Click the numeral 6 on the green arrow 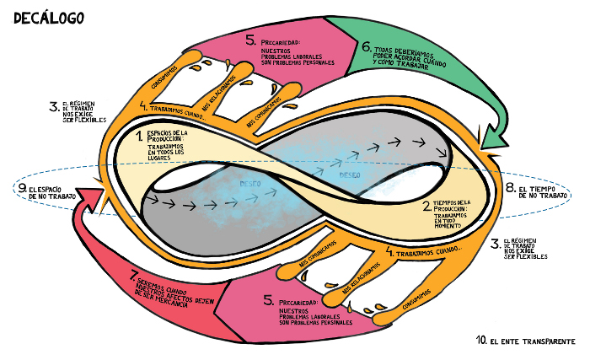pyautogui.click(x=366, y=48)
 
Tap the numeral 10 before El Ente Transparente pyautogui.click(x=481, y=341)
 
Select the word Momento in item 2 pyautogui.click(x=447, y=226)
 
